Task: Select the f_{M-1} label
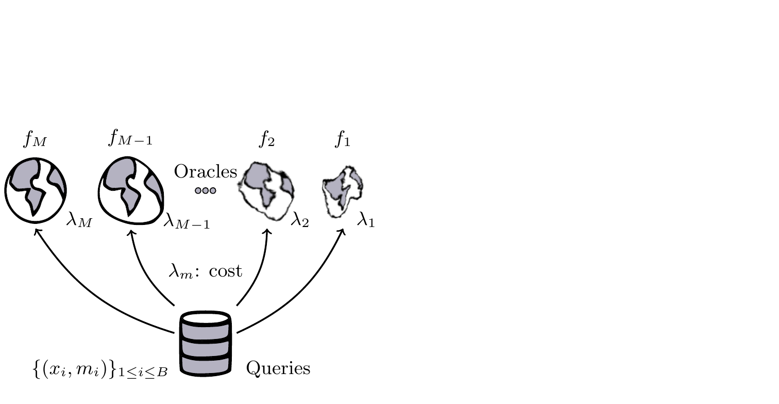click(130, 139)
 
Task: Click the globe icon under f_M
click(36, 191)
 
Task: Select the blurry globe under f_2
click(266, 190)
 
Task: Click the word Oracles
click(205, 172)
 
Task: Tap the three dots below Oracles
click(205, 190)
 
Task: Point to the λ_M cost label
click(79, 222)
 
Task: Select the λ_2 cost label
click(299, 221)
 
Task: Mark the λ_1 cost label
click(366, 222)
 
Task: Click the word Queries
click(278, 368)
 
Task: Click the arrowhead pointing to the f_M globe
click(36, 233)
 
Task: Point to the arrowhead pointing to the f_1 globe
click(342, 232)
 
